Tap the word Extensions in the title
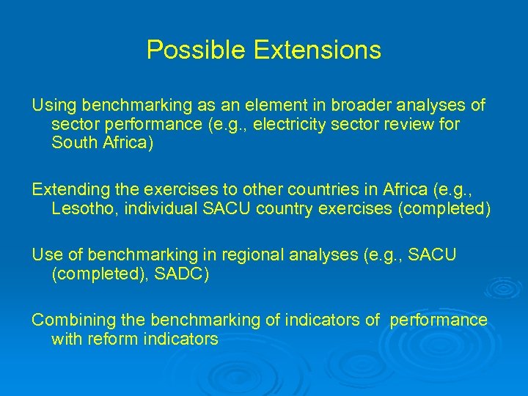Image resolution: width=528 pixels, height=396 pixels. click(x=317, y=50)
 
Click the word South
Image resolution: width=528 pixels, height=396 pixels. click(x=73, y=143)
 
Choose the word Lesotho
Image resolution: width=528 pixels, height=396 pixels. click(x=82, y=208)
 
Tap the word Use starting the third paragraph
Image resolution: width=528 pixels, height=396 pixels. click(x=45, y=254)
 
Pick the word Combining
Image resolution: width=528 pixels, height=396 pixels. click(x=67, y=320)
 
